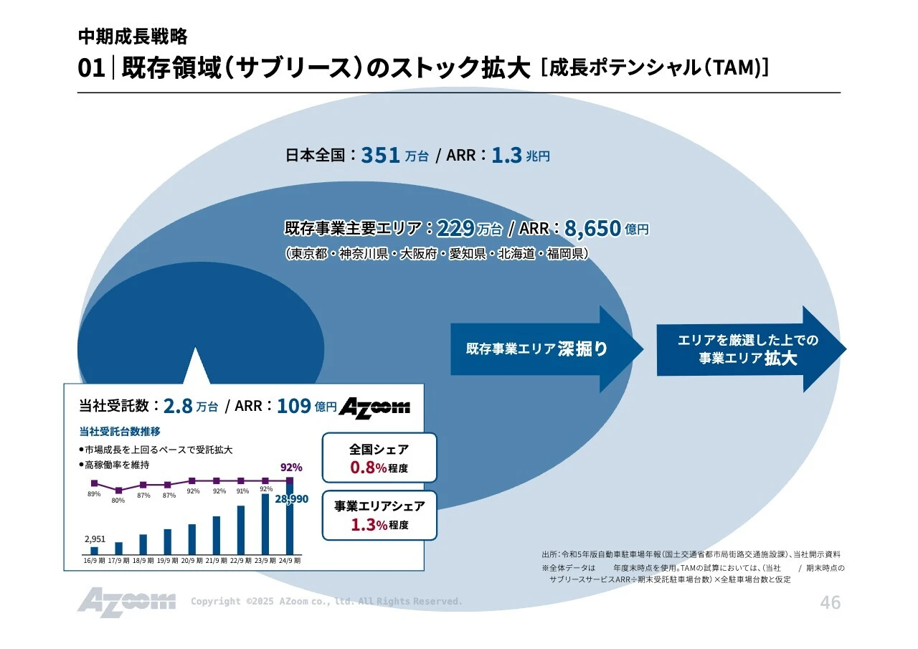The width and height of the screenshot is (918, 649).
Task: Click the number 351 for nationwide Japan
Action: click(x=380, y=155)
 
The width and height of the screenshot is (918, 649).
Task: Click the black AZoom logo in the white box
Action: click(x=374, y=407)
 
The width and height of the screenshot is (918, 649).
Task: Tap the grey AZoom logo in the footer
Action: click(x=126, y=601)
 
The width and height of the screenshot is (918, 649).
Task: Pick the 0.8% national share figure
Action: click(x=369, y=468)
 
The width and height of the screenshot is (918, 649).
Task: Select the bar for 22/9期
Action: click(x=241, y=530)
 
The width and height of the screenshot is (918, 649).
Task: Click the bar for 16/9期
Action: click(x=94, y=550)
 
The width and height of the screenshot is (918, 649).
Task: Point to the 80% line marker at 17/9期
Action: click(x=118, y=491)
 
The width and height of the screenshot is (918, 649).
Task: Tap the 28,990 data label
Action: click(x=292, y=498)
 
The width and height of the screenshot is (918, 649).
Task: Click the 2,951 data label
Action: click(x=95, y=539)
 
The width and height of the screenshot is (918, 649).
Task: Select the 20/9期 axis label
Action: click(x=192, y=561)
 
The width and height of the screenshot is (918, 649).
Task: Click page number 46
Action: click(x=830, y=602)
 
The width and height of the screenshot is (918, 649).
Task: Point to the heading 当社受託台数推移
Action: click(x=120, y=432)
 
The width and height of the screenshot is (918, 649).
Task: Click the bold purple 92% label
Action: click(x=291, y=467)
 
